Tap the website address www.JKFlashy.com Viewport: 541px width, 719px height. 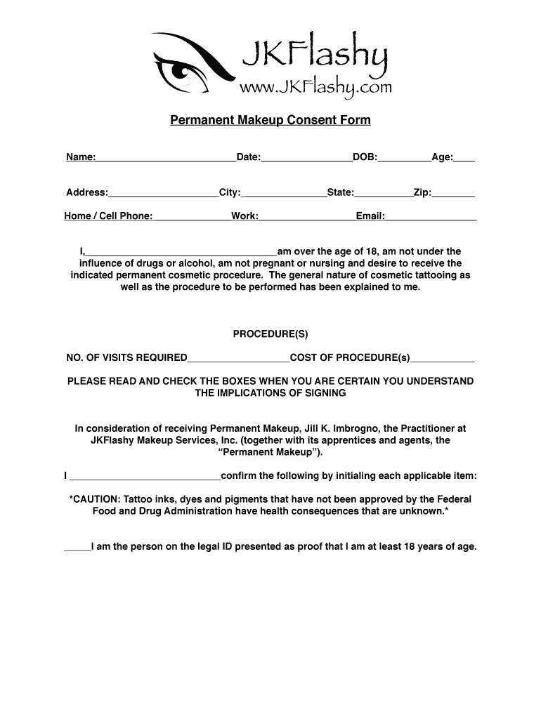tap(315, 87)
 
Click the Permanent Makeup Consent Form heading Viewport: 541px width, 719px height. tap(270, 121)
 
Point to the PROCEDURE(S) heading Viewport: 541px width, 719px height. tap(270, 334)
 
